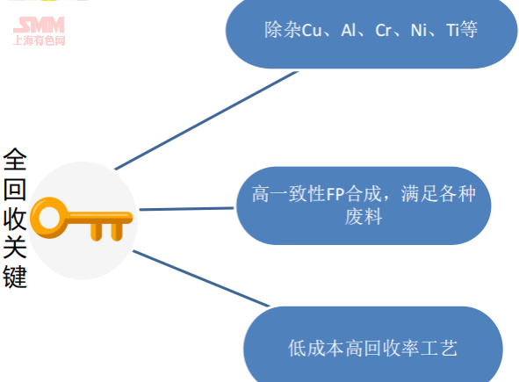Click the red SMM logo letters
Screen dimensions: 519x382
39,25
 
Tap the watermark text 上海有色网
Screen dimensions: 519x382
39,40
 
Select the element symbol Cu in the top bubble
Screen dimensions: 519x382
312,31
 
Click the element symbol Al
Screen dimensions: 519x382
349,31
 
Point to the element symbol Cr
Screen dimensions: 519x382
383,31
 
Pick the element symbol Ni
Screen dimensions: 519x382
419,31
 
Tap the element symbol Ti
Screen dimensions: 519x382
452,31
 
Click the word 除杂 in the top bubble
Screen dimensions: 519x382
283,30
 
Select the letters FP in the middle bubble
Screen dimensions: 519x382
335,194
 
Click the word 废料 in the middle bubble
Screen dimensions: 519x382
364,217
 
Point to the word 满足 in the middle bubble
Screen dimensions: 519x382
420,194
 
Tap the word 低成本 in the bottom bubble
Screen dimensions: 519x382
316,349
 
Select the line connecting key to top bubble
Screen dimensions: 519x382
206,120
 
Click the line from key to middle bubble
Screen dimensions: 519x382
187,209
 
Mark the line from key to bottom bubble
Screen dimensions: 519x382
201,278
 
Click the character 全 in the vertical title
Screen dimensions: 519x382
15,159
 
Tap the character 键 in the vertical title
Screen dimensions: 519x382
15,277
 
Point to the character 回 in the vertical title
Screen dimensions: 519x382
15,189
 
